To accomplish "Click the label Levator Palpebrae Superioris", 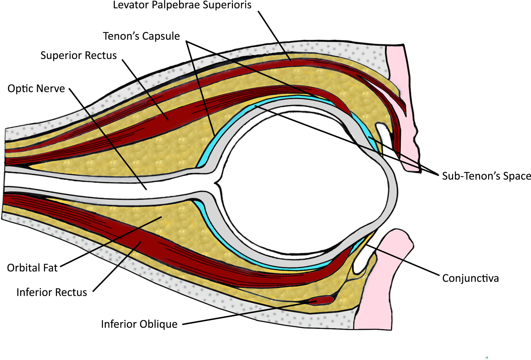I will (x=182, y=5).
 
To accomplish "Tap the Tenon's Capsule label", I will (x=141, y=36).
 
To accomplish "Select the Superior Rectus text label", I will (x=78, y=56).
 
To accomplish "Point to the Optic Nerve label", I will (x=36, y=88).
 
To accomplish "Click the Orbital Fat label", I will (x=32, y=268).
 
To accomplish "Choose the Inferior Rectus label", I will (x=52, y=292).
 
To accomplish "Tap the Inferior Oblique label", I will (x=139, y=324).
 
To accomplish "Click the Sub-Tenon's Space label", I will (x=486, y=176).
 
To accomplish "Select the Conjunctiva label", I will (x=470, y=278).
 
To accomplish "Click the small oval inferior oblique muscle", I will (x=321, y=301).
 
